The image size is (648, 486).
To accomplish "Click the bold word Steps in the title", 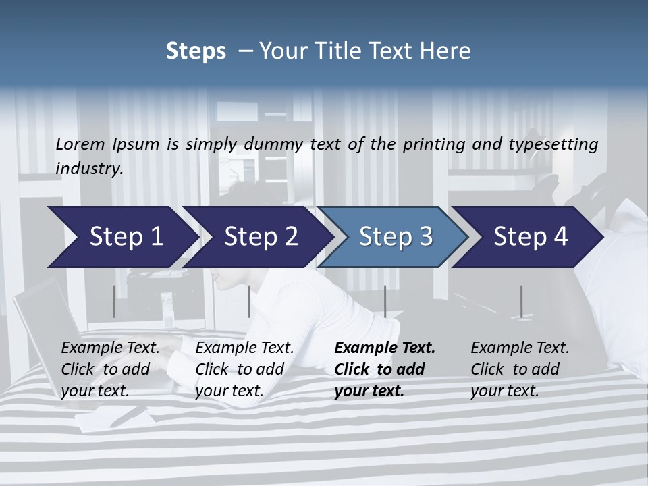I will [x=196, y=51].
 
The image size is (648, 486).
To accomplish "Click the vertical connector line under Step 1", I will [x=114, y=301].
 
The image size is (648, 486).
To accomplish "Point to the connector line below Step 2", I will [x=249, y=301].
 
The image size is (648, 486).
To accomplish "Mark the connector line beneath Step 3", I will [x=385, y=301].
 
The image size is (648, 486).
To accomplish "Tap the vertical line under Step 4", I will [x=521, y=301].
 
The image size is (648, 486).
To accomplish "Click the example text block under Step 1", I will [x=111, y=369].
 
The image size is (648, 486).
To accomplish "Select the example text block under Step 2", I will [x=244, y=369].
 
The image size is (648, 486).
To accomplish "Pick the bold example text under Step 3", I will [x=385, y=369].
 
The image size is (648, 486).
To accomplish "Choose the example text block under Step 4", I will [x=520, y=369].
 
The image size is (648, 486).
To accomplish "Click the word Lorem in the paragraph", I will [x=80, y=144].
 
